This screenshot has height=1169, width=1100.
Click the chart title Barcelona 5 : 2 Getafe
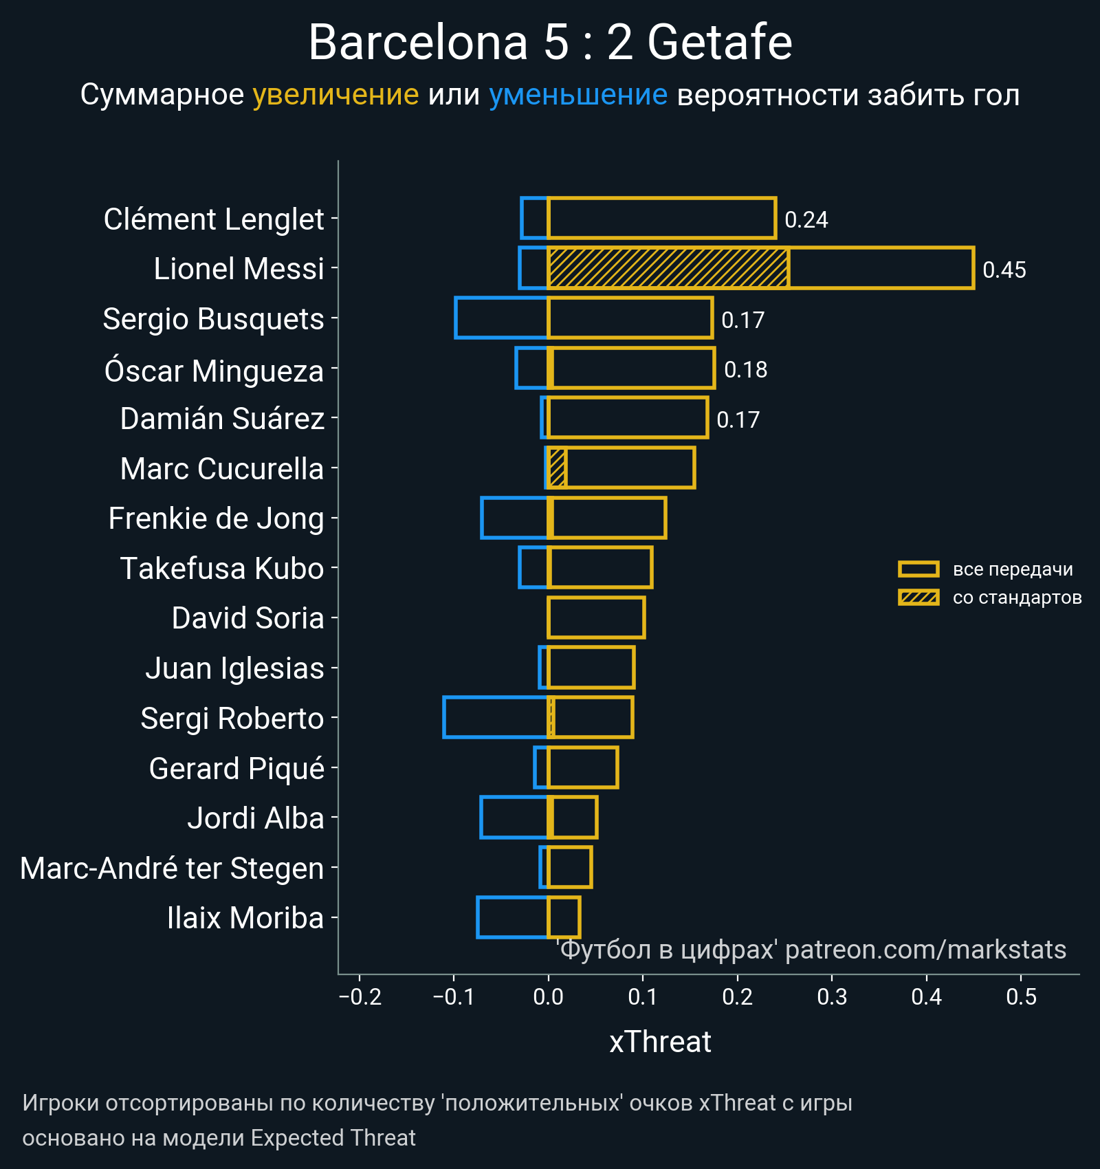click(x=550, y=43)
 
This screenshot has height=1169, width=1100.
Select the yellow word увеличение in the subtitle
click(x=335, y=95)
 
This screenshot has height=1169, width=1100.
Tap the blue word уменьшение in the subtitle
click(x=577, y=95)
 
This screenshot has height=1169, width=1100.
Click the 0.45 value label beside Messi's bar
click(x=1004, y=270)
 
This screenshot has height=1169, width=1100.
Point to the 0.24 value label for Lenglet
click(x=806, y=219)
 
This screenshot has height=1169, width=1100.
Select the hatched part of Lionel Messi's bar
click(x=668, y=268)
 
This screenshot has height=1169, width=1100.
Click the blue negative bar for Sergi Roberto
click(x=496, y=717)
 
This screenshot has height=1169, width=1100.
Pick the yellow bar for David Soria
click(x=596, y=618)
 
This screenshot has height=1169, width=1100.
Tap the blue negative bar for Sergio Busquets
click(x=501, y=318)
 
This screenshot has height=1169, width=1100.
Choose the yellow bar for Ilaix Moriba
click(x=564, y=917)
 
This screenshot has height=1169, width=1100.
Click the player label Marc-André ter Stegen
click(x=172, y=868)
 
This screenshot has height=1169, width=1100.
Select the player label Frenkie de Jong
click(x=216, y=518)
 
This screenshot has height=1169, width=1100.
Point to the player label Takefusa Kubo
click(x=221, y=569)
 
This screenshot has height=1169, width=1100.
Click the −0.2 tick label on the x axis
click(x=360, y=996)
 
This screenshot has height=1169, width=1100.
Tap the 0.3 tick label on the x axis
click(x=832, y=996)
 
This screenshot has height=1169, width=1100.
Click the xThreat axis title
click(x=660, y=1042)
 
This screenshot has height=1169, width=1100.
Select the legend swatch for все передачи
click(x=918, y=569)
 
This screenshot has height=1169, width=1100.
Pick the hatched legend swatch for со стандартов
click(x=918, y=597)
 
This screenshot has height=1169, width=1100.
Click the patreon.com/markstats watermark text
click(x=925, y=950)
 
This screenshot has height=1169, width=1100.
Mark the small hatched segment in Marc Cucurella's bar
click(x=557, y=468)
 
